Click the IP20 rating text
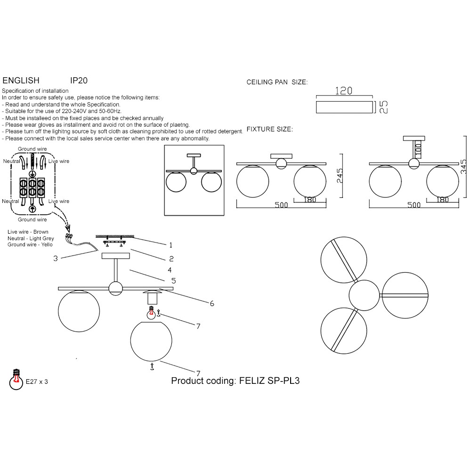tap(79, 81)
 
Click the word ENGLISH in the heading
tap(21, 81)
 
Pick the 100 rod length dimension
tap(417, 151)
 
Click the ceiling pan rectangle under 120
tap(343, 106)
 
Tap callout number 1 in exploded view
tap(171, 245)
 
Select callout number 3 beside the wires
tap(56, 258)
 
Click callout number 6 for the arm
tap(212, 304)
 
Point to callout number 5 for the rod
tap(173, 281)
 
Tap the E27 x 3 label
tap(37, 382)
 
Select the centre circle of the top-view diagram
tap(364, 295)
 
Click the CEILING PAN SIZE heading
tap(277, 82)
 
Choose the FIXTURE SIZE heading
tap(270, 129)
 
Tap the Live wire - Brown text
tap(28, 232)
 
